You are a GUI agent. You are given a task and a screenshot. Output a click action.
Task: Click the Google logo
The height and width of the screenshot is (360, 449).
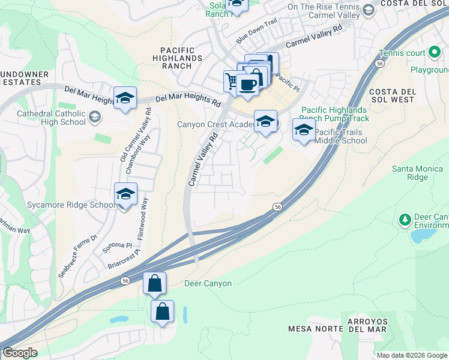pyautogui.click(x=19, y=353)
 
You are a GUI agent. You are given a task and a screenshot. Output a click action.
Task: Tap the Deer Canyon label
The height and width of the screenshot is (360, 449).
pyautogui.click(x=208, y=283)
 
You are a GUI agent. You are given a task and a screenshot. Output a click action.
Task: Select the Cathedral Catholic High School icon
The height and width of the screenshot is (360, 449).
pyautogui.click(x=94, y=116)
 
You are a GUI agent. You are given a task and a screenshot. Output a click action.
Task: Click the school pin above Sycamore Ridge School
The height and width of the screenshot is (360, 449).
pyautogui.click(x=125, y=194)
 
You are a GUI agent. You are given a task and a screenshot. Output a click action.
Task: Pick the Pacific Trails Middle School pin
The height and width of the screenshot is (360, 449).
pyautogui.click(x=304, y=130)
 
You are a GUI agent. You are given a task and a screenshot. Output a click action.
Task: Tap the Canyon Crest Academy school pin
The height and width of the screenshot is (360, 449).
pyautogui.click(x=265, y=122)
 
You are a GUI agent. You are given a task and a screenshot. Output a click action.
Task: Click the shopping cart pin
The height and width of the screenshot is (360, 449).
pyautogui.click(x=232, y=80)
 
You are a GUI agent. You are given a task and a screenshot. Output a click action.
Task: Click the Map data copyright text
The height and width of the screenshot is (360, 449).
pyautogui.click(x=411, y=355)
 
